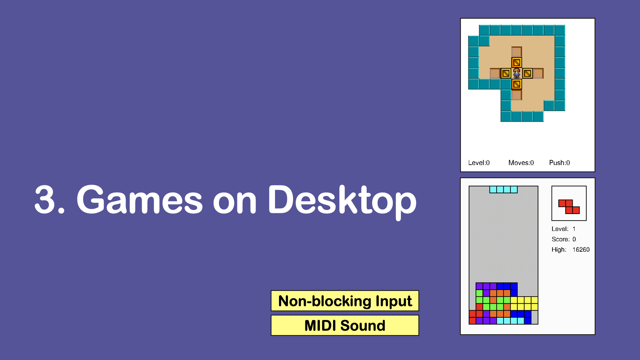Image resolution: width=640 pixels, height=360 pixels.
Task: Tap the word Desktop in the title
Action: (x=342, y=201)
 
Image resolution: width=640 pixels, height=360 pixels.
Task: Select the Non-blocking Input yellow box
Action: (x=345, y=301)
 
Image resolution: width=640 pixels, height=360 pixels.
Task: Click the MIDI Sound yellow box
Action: (x=345, y=325)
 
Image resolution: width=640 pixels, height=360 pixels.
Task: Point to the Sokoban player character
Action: (x=517, y=73)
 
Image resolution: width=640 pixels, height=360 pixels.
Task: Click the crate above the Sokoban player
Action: (x=517, y=62)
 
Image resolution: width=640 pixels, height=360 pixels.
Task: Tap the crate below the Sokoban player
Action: (x=517, y=84)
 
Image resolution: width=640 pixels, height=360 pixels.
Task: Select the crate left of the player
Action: (x=506, y=73)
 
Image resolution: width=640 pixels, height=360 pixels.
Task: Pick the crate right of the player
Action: (x=527, y=73)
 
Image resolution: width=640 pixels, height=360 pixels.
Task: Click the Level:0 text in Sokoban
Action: (x=479, y=163)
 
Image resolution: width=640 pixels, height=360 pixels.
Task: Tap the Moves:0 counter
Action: (x=521, y=163)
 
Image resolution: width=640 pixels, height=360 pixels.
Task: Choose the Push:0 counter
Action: (x=559, y=163)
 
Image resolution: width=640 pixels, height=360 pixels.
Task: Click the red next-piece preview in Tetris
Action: (x=569, y=207)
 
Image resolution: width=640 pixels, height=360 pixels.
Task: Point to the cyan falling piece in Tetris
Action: (x=503, y=190)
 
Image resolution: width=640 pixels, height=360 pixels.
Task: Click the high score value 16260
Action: (x=581, y=250)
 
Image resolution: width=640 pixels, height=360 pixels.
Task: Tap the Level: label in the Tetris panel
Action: (x=560, y=229)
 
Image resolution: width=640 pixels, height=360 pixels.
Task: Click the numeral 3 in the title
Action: (x=45, y=199)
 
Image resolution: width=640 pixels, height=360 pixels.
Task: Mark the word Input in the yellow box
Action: (x=394, y=301)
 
